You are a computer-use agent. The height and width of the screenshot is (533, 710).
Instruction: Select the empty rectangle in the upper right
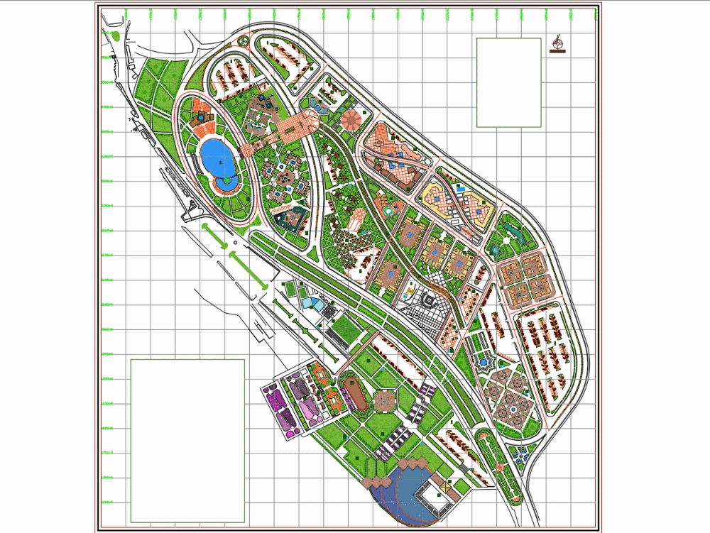tap(508, 82)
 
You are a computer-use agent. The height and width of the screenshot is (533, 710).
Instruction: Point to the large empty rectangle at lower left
tap(187, 440)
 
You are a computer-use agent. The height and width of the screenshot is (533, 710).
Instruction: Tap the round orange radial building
tap(351, 120)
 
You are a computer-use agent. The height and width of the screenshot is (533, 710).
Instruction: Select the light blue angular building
tap(311, 302)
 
